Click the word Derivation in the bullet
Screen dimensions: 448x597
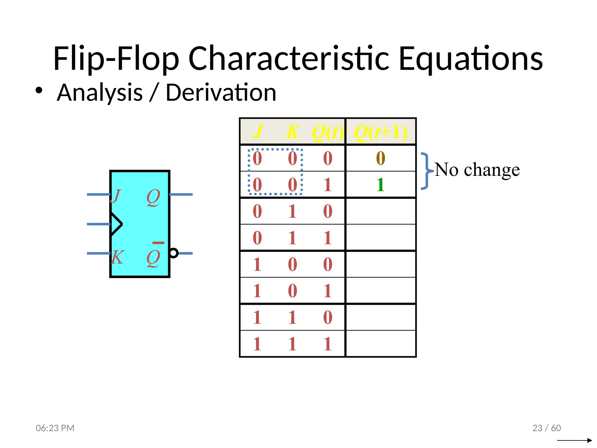click(x=221, y=93)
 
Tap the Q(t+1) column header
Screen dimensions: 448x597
click(x=380, y=132)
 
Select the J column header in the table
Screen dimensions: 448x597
click(x=258, y=132)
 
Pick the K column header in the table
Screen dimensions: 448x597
click(x=292, y=132)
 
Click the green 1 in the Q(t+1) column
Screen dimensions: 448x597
click(x=380, y=185)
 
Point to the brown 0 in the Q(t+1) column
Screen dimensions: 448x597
click(x=380, y=158)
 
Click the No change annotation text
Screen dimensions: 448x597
click(x=477, y=169)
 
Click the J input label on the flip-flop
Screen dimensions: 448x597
click(x=116, y=196)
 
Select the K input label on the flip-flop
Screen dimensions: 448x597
click(x=117, y=257)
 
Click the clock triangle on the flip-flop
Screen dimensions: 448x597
click(x=116, y=224)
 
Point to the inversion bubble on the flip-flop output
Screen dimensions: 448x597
click(x=174, y=253)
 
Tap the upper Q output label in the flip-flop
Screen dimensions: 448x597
click(x=153, y=197)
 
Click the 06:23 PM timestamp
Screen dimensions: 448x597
click(x=55, y=428)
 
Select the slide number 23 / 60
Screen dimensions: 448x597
click(x=547, y=428)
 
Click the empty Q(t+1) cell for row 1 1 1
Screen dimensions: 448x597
click(x=380, y=344)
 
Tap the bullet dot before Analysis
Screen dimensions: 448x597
click(x=39, y=90)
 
